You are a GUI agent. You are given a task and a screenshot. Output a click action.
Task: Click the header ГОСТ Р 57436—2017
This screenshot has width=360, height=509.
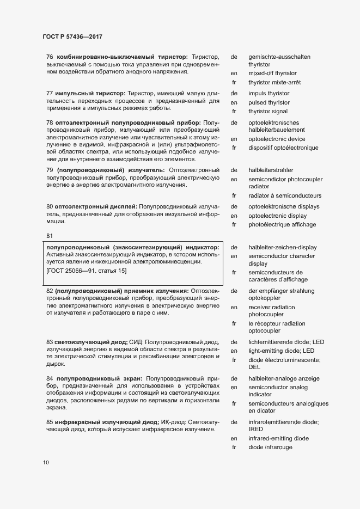[72, 36]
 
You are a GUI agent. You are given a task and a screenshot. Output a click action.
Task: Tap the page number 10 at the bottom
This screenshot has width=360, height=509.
[46, 463]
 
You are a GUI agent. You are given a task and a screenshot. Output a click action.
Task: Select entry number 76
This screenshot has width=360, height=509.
[50, 57]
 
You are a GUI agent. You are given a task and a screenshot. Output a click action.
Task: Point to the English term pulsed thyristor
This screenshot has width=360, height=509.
[269, 102]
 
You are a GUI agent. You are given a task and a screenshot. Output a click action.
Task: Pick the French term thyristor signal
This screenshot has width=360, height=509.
[268, 112]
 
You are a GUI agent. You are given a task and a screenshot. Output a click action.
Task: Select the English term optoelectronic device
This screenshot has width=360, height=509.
[277, 139]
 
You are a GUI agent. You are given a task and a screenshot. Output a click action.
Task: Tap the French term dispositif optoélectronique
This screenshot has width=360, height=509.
[283, 148]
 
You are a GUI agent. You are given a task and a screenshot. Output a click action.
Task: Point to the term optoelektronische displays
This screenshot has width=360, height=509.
[284, 207]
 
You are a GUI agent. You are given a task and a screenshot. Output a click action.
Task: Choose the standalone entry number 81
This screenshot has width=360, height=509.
[50, 235]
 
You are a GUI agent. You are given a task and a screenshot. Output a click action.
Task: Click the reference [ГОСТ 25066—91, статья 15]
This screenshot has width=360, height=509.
[87, 271]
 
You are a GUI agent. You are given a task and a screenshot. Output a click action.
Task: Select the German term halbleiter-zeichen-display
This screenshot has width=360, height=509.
[282, 247]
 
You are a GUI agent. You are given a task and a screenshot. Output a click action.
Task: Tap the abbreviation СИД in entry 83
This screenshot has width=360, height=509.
[138, 342]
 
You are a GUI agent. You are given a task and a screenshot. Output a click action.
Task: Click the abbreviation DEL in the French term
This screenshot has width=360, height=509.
[254, 367]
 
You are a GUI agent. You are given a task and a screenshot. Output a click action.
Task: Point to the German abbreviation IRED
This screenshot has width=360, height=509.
[257, 429]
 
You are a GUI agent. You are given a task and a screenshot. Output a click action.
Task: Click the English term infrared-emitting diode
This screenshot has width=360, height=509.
[278, 438]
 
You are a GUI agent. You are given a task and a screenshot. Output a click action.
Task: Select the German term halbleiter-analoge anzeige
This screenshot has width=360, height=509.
[284, 378]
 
